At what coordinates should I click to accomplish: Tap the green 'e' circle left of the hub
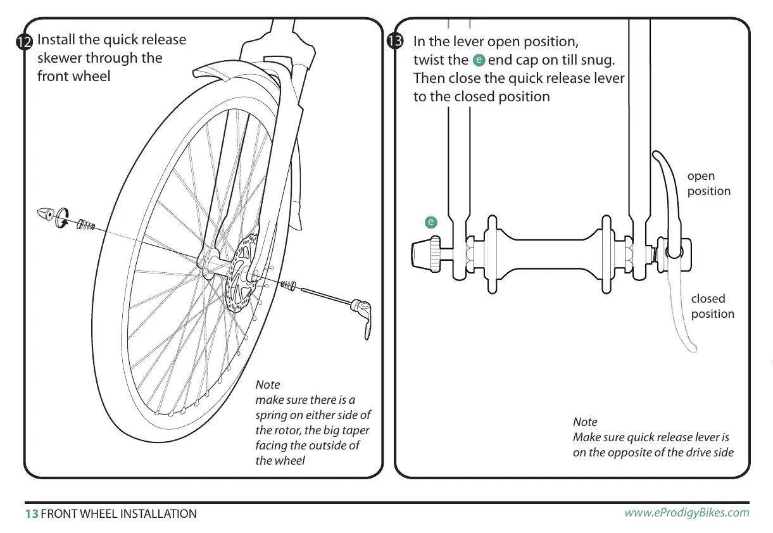430,222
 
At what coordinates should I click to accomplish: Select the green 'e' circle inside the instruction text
479,60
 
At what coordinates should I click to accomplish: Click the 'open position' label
708,184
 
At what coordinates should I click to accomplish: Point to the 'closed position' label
712,306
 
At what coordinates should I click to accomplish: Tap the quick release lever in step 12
364,316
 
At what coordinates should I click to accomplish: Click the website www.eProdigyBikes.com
687,513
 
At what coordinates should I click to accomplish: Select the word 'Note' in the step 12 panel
267,385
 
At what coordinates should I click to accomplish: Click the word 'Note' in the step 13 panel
585,422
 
